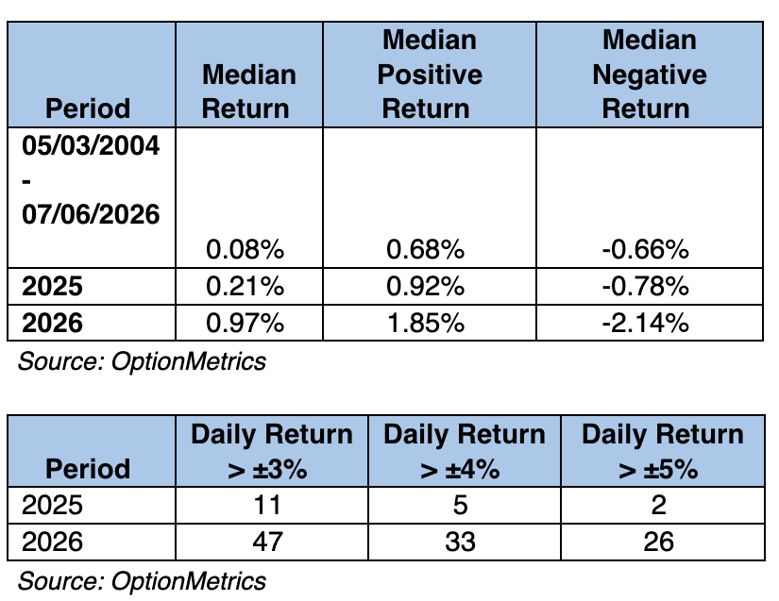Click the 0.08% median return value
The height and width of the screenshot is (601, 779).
pyautogui.click(x=245, y=249)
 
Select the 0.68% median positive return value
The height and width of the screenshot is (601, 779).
pyautogui.click(x=425, y=249)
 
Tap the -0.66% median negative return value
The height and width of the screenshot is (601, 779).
pyautogui.click(x=645, y=249)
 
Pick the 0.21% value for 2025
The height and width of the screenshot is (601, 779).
pyautogui.click(x=245, y=287)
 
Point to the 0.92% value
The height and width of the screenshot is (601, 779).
pyautogui.click(x=425, y=287)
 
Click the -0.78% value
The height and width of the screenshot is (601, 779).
pyautogui.click(x=645, y=287)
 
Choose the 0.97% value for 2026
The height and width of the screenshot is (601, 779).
pyautogui.click(x=245, y=323)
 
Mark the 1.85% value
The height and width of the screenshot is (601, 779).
pyautogui.click(x=425, y=323)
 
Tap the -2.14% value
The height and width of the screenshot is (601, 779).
pyautogui.click(x=645, y=323)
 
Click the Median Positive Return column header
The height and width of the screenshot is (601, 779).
pyautogui.click(x=430, y=74)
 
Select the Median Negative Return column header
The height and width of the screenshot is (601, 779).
pyautogui.click(x=650, y=74)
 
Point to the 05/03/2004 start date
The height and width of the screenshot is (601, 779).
pyautogui.click(x=91, y=145)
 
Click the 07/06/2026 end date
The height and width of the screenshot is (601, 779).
pyautogui.click(x=91, y=214)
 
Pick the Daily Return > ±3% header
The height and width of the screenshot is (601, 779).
pyautogui.click(x=271, y=451)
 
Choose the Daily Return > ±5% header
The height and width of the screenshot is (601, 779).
pyautogui.click(x=663, y=451)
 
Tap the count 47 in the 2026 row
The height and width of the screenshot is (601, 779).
pyautogui.click(x=268, y=542)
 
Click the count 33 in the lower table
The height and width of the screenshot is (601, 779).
pyautogui.click(x=460, y=542)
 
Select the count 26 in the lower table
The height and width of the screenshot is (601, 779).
pyautogui.click(x=658, y=542)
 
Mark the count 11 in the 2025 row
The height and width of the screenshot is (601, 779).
pyautogui.click(x=267, y=505)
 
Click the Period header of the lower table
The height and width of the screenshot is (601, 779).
pyautogui.click(x=88, y=469)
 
